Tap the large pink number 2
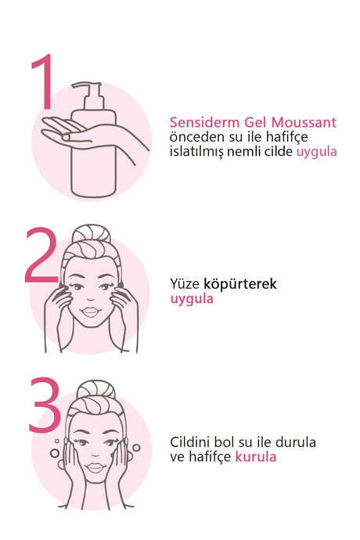click(x=41, y=256)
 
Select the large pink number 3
click(x=45, y=405)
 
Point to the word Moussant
click(x=304, y=122)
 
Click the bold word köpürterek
click(x=240, y=284)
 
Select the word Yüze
click(x=185, y=284)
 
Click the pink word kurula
click(x=256, y=457)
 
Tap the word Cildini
click(x=190, y=442)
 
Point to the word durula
click(x=297, y=442)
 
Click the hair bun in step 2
click(x=92, y=234)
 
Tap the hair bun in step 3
click(x=95, y=390)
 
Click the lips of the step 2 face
click(x=90, y=312)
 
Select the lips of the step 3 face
click(x=95, y=467)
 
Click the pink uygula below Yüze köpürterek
click(x=192, y=299)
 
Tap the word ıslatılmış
click(x=196, y=152)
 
